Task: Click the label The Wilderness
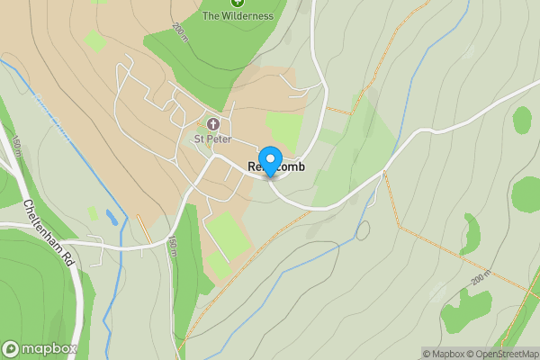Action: pos(238,15)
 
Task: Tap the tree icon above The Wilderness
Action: pos(238,3)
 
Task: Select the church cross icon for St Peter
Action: pos(213,124)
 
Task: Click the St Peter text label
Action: pos(213,139)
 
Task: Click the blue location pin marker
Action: pos(269,160)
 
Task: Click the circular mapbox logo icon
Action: pos(12,349)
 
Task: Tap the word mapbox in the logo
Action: pos(49,349)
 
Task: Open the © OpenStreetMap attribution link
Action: pos(505,354)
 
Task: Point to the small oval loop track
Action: pos(363,230)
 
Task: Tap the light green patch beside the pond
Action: pos(92,213)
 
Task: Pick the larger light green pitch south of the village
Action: pos(229,235)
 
